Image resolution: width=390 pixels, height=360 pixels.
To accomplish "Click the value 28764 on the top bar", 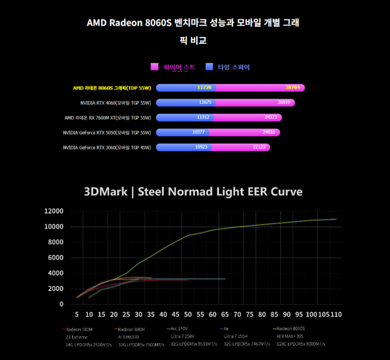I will pos(292,87).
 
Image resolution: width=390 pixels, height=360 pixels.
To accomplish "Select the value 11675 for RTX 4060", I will pos(205,102).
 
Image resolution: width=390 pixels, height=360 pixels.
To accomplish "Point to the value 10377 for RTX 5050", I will pos(199,132).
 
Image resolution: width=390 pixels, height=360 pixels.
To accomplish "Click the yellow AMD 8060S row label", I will pos(112,88).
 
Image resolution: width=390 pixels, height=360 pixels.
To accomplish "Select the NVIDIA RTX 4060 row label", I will pos(115,103).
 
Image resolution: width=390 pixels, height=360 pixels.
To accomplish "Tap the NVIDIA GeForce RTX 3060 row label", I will pos(107,148).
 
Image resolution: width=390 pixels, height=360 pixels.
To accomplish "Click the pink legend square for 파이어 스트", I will pos(154,67).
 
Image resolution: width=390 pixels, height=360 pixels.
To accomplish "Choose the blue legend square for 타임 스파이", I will pos(209,67).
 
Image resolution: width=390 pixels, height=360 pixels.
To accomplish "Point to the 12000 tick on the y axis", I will pos(54,211).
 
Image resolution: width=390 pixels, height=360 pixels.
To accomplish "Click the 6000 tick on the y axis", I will pos(56,258).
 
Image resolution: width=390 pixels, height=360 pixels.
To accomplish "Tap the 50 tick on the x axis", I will pos(188,314).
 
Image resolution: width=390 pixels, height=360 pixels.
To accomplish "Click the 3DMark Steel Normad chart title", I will pos(193,192).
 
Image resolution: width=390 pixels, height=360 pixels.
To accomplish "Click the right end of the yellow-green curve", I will pos(336,219).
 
